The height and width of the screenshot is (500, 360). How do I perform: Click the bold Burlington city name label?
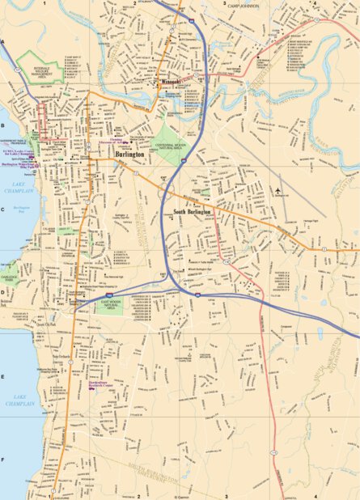coord(129,152)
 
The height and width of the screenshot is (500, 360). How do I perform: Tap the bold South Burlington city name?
coord(192,212)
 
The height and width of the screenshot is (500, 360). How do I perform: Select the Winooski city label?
coord(168,80)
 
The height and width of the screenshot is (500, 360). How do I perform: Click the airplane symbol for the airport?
coord(277,191)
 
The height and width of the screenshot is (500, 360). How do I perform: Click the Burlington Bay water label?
coord(22,208)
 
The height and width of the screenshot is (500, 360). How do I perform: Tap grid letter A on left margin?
coord(3,41)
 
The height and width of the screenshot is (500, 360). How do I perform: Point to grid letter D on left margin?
coord(3,293)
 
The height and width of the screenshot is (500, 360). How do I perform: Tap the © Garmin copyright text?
coord(180,496)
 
